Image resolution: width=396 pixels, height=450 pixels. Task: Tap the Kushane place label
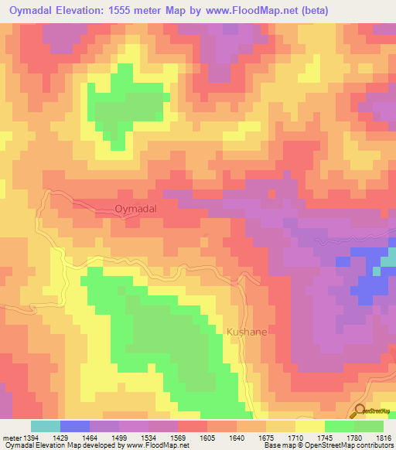pyautogui.click(x=247, y=332)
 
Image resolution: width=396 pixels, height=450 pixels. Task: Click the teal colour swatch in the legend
pyautogui.click(x=46, y=426)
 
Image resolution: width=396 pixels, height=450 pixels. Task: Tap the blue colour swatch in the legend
pyautogui.click(x=75, y=426)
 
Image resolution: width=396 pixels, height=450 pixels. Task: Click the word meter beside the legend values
pyautogui.click(x=13, y=438)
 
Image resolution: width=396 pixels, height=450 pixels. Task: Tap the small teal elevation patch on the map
pyautogui.click(x=390, y=258)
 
